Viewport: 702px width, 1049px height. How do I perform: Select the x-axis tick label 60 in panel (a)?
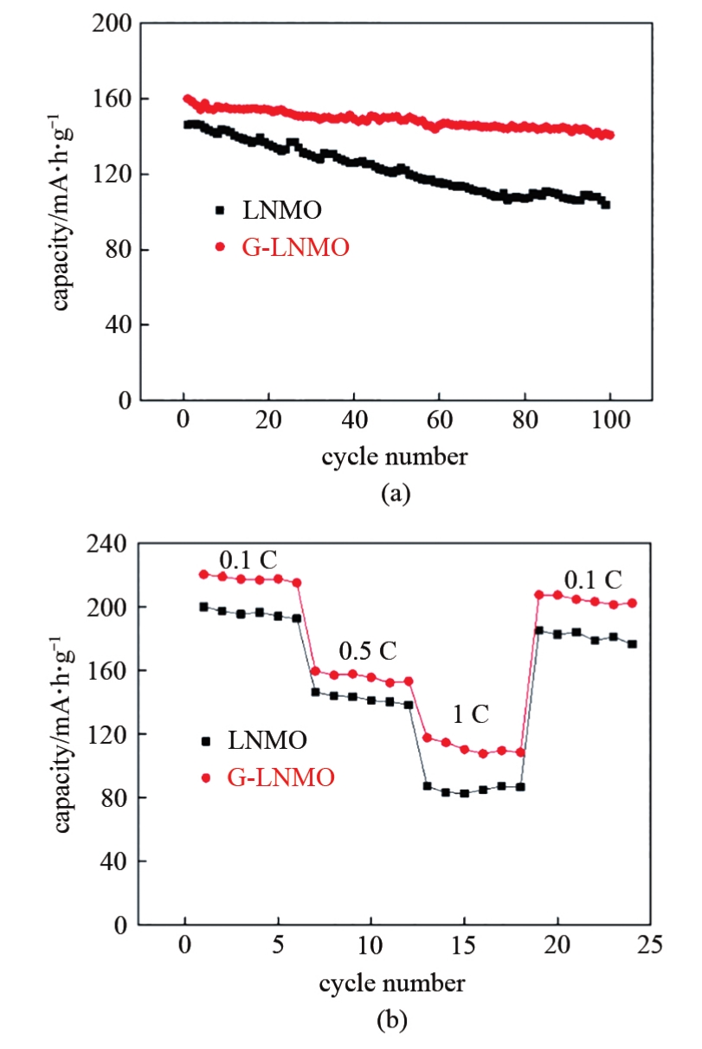(x=439, y=425)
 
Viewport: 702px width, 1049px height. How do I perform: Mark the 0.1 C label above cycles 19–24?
(x=593, y=578)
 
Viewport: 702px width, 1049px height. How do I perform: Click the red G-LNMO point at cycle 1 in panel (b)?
(x=204, y=574)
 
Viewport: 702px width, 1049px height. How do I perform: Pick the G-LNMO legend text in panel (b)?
(x=280, y=777)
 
